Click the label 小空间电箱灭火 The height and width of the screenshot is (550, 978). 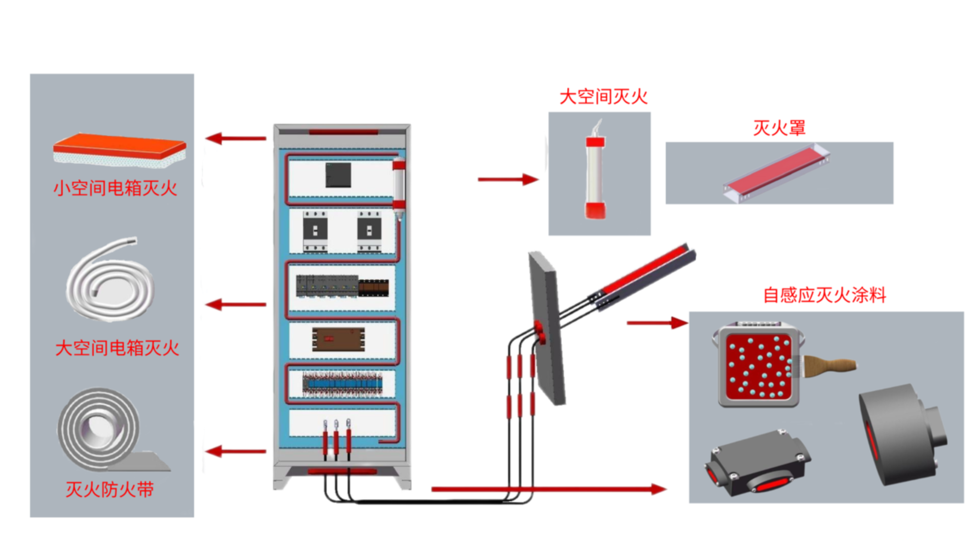115,188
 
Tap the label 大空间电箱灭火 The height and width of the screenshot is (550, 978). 117,348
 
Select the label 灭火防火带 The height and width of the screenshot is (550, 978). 110,489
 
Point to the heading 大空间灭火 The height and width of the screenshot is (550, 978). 603,96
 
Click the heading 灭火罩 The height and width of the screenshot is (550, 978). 780,128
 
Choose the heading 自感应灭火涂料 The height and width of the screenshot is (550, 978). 825,295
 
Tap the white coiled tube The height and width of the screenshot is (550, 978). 110,281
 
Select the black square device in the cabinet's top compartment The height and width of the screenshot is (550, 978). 338,175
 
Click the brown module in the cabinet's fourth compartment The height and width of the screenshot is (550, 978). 338,339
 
